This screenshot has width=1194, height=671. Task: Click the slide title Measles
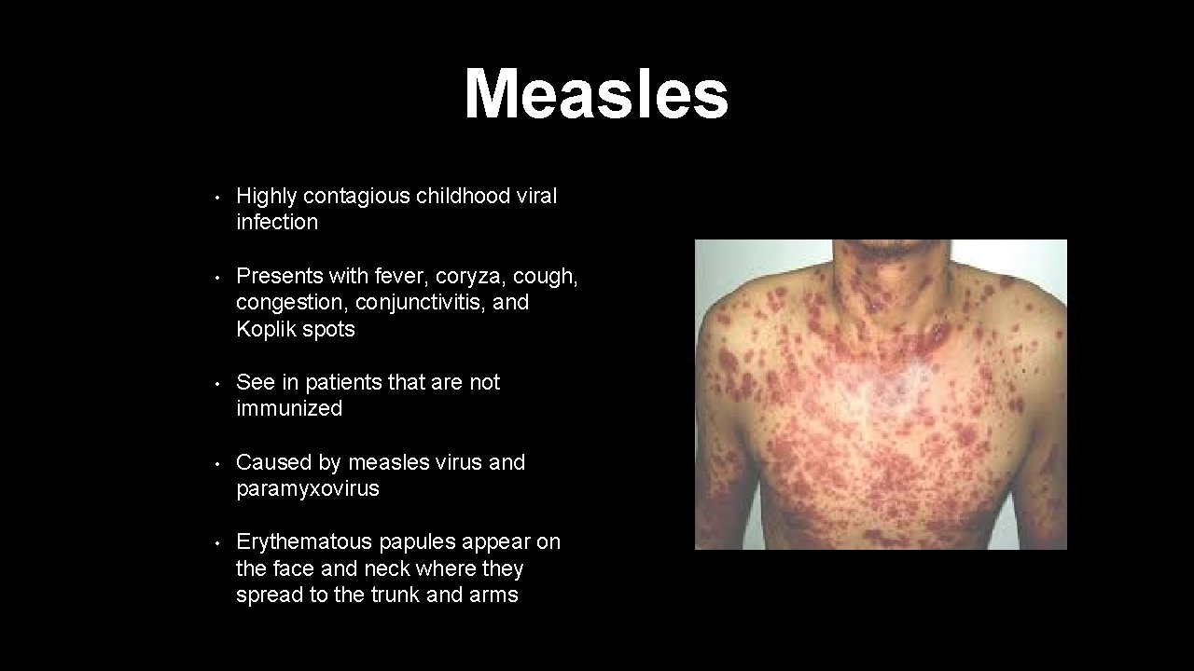[596, 94]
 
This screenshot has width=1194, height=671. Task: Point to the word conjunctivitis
[421, 302]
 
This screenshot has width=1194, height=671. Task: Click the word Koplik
[264, 329]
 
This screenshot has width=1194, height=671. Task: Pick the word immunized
[289, 408]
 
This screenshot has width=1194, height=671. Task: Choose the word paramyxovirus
[308, 488]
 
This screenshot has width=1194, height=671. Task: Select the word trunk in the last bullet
[391, 595]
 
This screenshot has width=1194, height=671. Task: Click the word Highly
[267, 196]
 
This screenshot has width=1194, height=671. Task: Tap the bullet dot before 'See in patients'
[216, 384]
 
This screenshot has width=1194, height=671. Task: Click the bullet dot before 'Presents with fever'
[216, 278]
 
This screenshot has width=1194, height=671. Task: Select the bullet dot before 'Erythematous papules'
[216, 543]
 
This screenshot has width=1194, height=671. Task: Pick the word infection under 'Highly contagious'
[277, 222]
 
